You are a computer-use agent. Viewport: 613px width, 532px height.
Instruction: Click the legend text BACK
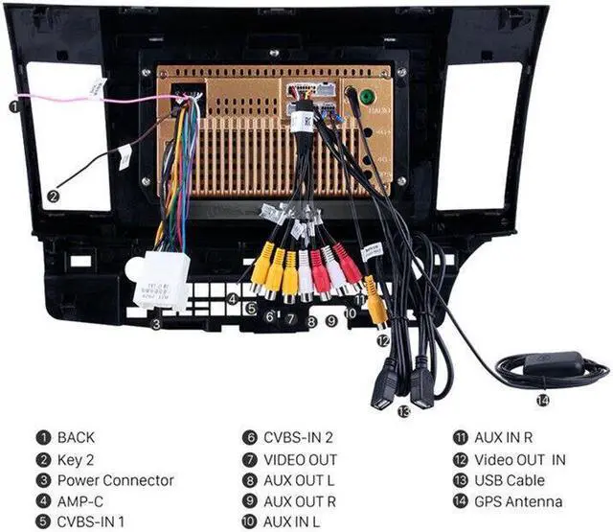point(77,437)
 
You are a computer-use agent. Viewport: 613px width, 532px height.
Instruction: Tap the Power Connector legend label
point(116,480)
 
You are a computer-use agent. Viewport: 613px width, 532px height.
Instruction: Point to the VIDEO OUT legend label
point(300,459)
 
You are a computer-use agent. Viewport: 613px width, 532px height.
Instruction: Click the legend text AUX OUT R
point(300,501)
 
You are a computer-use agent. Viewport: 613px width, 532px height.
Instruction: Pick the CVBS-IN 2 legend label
point(298,437)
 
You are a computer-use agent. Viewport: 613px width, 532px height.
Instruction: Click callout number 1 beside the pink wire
point(14,106)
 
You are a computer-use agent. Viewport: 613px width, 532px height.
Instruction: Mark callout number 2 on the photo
point(54,196)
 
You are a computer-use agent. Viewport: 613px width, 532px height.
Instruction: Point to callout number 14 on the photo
point(543,401)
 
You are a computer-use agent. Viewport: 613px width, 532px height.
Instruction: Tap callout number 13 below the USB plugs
point(403,411)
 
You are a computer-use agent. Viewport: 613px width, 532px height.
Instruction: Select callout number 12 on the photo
point(382,339)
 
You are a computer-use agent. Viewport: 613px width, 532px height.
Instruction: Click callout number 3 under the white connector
point(155,324)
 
